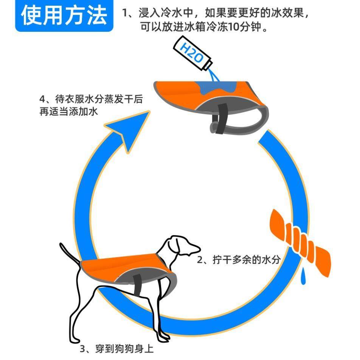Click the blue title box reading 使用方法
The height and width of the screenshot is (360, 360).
[64, 16]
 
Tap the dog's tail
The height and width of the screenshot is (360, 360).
[70, 255]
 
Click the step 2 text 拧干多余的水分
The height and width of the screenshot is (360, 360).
[239, 260]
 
